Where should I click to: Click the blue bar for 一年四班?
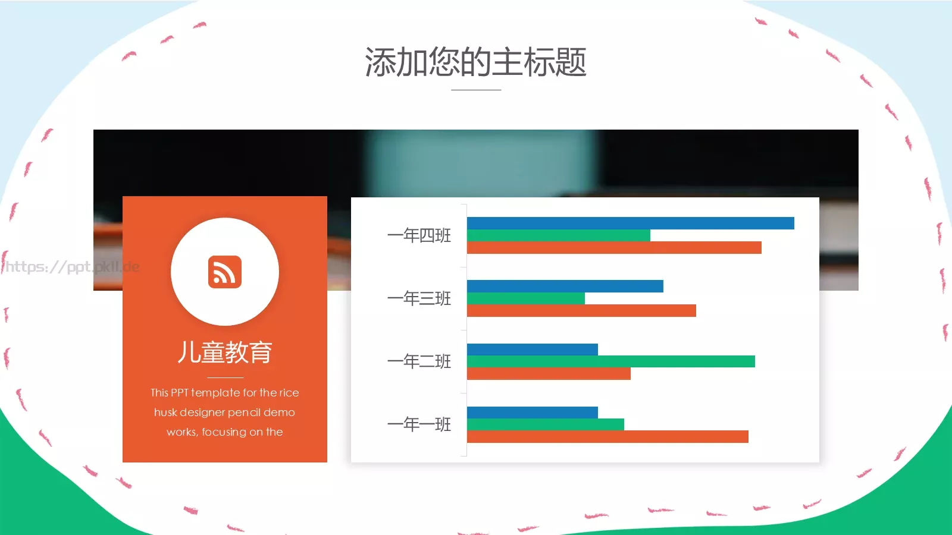(x=630, y=223)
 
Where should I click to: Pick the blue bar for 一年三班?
(x=565, y=286)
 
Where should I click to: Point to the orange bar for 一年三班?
(x=581, y=311)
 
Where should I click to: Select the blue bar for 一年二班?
(x=532, y=350)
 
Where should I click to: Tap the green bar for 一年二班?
(x=610, y=361)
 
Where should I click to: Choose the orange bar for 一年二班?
(x=549, y=374)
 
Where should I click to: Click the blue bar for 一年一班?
(x=532, y=413)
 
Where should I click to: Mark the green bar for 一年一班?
(x=545, y=424)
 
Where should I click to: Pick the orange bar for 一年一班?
(x=607, y=437)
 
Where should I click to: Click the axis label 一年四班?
(x=419, y=235)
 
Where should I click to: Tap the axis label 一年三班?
(x=419, y=298)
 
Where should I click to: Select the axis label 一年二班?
(x=419, y=361)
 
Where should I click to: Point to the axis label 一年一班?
(x=419, y=424)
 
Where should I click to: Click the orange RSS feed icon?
(x=225, y=272)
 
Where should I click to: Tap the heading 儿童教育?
(x=225, y=353)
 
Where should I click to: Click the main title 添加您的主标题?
(x=475, y=62)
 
